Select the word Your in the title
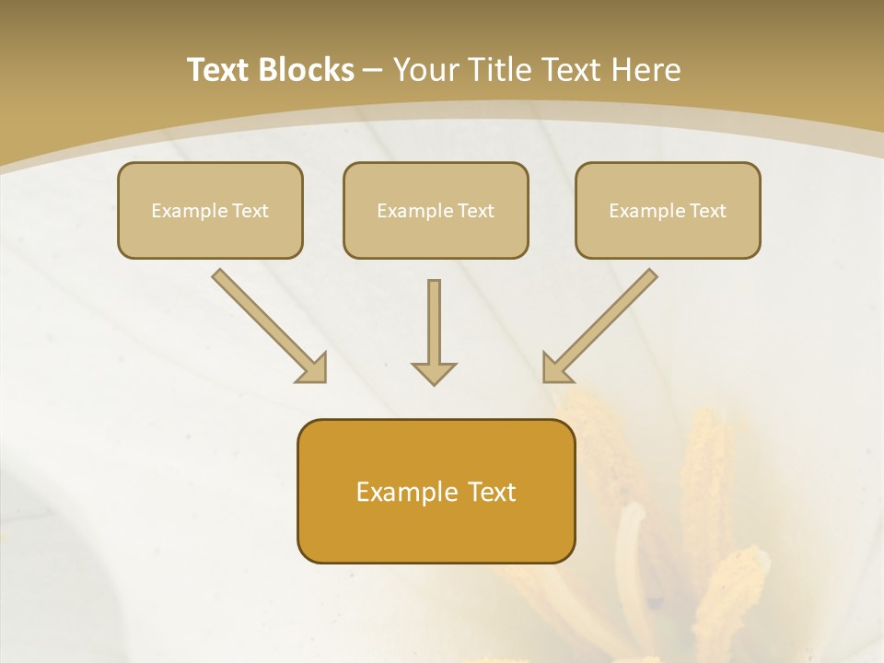(425, 70)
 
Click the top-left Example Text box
(210, 210)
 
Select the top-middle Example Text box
(436, 210)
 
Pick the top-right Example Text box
(668, 210)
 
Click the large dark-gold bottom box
(436, 491)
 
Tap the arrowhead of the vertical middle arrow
(434, 373)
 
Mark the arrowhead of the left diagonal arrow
(313, 368)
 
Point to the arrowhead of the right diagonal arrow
(556, 368)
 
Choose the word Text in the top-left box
(250, 211)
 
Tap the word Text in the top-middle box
(476, 211)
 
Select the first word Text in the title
(218, 70)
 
